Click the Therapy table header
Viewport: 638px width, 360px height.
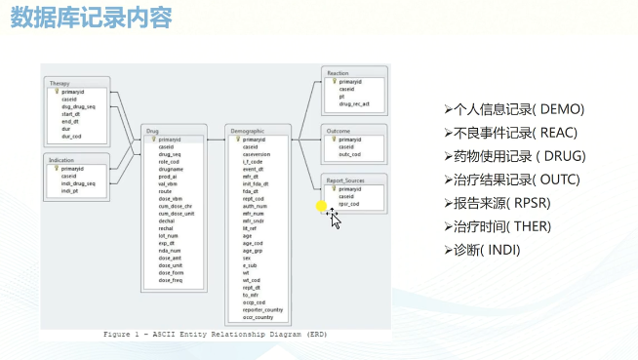coord(60,84)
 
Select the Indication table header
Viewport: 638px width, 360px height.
coord(64,157)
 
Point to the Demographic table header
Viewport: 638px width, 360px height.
coord(248,130)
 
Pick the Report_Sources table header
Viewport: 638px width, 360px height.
coord(346,180)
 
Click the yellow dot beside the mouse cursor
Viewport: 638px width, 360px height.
coord(322,206)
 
